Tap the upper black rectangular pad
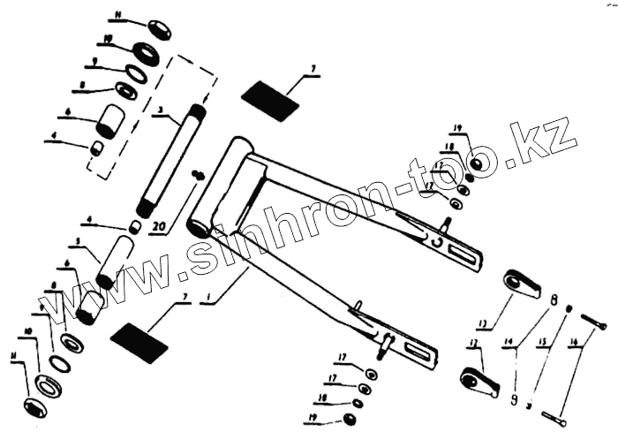click(x=271, y=101)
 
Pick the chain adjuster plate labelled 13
click(x=520, y=283)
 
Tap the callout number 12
click(x=473, y=342)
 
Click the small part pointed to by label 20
click(x=199, y=175)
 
